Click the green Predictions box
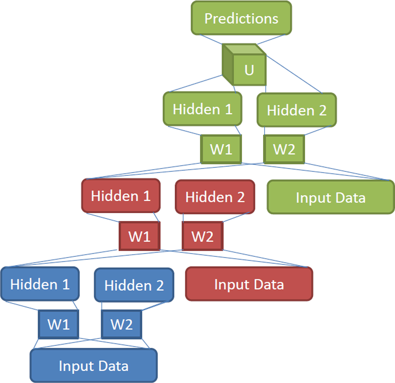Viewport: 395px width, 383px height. pos(241,18)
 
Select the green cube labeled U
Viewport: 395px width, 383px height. pos(244,65)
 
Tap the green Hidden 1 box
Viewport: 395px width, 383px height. pos(203,109)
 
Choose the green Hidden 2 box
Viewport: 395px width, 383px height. pos(297,110)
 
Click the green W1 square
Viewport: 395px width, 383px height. pos(221,149)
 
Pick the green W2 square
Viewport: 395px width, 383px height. pos(284,149)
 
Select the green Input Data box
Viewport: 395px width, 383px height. pos(331,197)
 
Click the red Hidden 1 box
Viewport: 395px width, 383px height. pos(121,196)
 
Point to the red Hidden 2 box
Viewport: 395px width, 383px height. pos(215,197)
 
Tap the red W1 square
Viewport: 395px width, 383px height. pos(139,236)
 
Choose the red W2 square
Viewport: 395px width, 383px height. pos(202,236)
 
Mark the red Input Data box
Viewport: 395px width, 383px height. pos(249,284)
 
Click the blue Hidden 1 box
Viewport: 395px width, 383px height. pos(40,284)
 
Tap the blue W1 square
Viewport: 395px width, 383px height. pos(58,324)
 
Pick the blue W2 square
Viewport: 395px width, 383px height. pos(121,324)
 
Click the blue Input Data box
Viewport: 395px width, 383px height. pos(94,366)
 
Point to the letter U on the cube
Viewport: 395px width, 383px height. pos(249,70)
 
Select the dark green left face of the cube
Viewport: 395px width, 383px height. pos(228,65)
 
